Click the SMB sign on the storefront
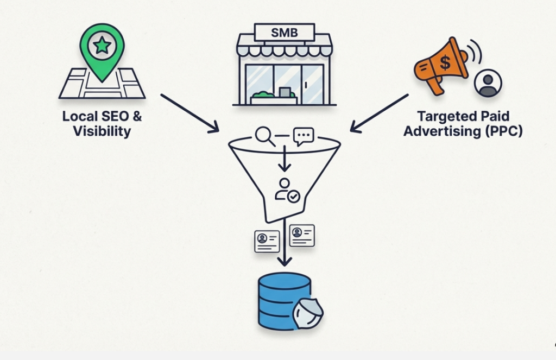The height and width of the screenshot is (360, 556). pyautogui.click(x=285, y=32)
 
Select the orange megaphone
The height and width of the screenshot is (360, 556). pyautogui.click(x=441, y=65)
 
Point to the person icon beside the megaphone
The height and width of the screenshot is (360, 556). pyautogui.click(x=488, y=83)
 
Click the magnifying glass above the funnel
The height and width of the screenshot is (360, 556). pyautogui.click(x=265, y=136)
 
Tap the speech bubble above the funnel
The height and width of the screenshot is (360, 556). pyautogui.click(x=303, y=136)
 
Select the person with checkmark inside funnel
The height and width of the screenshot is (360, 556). pyautogui.click(x=286, y=190)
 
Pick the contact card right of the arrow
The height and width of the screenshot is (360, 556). pyautogui.click(x=302, y=235)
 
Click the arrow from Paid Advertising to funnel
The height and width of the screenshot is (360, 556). pyautogui.click(x=379, y=113)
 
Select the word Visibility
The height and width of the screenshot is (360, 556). pyautogui.click(x=102, y=131)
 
